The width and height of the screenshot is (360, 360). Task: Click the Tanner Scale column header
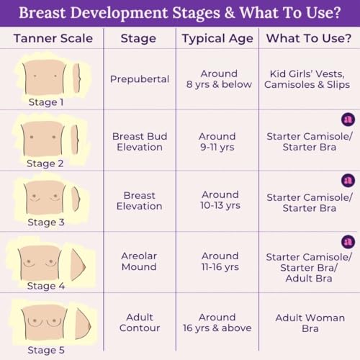tap(53, 38)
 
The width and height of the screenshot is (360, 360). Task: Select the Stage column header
tap(138, 38)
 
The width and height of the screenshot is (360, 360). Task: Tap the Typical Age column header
tap(217, 39)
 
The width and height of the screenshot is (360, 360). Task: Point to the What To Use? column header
tap(309, 38)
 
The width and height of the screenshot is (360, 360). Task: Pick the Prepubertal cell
tap(140, 79)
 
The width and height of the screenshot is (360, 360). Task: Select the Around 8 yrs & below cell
tap(219, 79)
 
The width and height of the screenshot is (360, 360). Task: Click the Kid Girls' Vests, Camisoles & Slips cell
tap(307, 79)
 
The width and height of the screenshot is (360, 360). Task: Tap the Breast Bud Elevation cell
tap(140, 142)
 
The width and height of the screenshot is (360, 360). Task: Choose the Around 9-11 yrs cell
tap(217, 142)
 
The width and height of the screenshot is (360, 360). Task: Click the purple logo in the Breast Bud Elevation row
tap(348, 120)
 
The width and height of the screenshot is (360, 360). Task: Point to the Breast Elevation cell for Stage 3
tap(140, 201)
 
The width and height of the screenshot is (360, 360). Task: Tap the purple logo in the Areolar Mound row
tap(348, 242)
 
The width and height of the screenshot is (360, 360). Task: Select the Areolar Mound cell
tap(139, 261)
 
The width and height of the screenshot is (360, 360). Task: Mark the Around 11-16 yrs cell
tap(220, 261)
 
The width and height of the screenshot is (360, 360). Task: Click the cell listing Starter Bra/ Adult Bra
tap(309, 268)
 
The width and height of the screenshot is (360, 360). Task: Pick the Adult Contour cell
tap(140, 323)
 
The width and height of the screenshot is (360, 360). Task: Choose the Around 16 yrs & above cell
tap(217, 323)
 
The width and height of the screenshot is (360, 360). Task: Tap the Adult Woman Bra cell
tap(310, 323)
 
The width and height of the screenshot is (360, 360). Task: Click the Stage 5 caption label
tap(46, 350)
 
